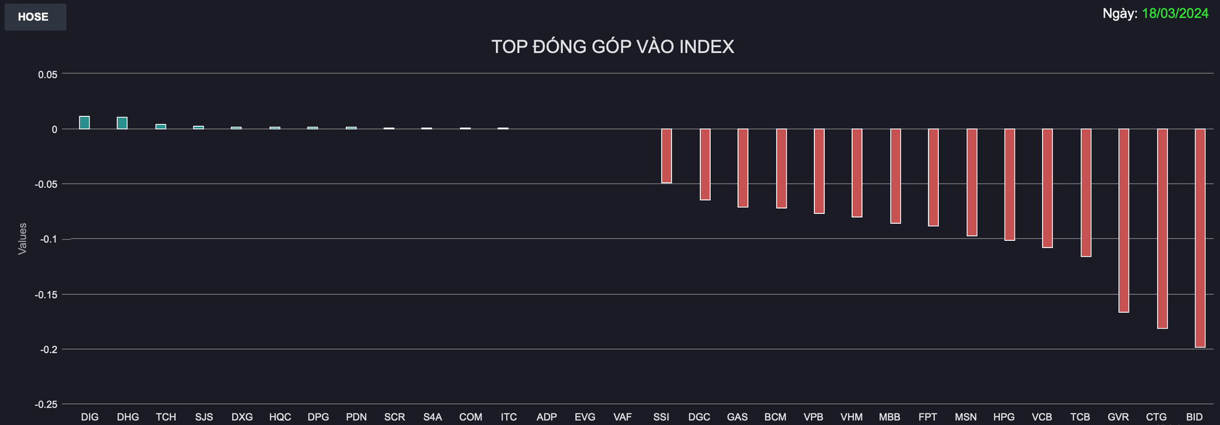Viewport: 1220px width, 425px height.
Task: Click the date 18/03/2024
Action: pos(1175,13)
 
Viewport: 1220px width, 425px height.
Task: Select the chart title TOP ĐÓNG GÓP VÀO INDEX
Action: pos(612,47)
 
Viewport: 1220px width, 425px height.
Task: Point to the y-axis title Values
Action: pos(23,239)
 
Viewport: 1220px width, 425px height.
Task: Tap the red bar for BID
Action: pos(1200,238)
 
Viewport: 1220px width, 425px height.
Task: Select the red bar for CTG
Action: pos(1162,229)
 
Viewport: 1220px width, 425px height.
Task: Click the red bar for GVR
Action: pos(1124,220)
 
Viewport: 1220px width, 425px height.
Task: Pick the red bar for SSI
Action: pos(667,155)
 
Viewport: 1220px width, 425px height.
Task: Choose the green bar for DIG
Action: pos(84,123)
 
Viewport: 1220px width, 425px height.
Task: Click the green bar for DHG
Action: pos(122,123)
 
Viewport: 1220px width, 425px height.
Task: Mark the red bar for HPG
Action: pos(1010,185)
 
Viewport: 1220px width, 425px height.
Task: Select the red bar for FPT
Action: pos(933,177)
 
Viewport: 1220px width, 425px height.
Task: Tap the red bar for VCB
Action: pos(1047,188)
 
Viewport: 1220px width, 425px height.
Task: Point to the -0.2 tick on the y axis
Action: pos(49,349)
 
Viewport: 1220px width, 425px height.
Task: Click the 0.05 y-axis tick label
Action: pos(48,74)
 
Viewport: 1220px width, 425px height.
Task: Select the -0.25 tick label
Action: pos(46,405)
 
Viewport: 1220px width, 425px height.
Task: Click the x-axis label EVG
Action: pos(585,417)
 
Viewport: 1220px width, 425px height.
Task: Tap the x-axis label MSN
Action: pos(966,417)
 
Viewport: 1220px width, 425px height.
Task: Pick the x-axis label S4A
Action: pos(432,417)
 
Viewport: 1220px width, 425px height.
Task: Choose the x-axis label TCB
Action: pos(1080,417)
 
